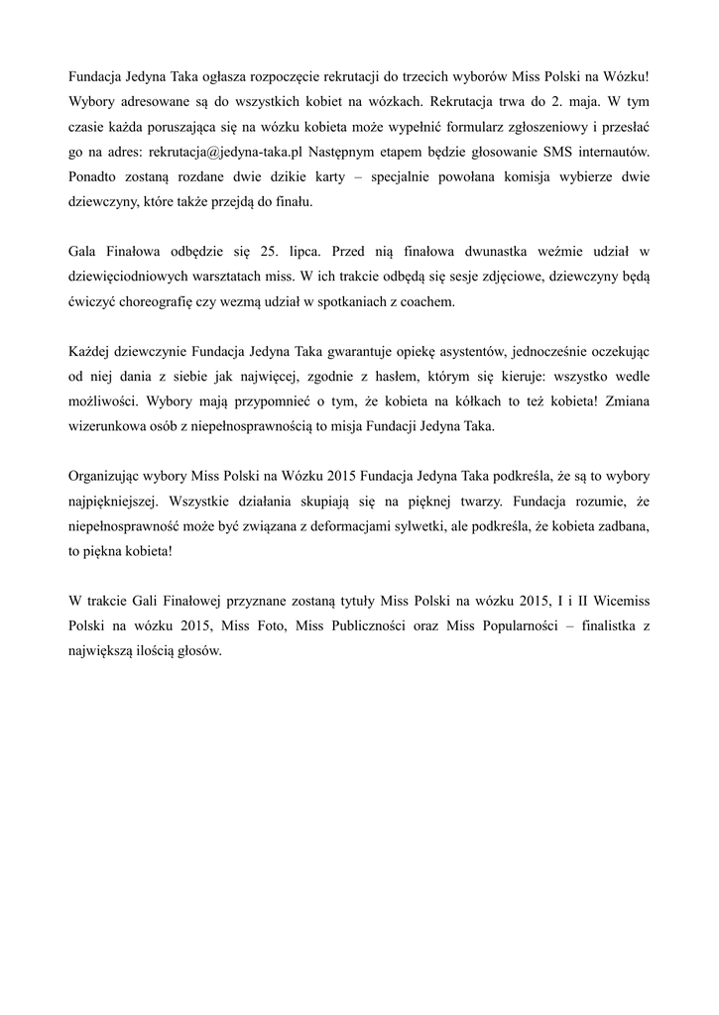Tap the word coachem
[425, 303]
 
